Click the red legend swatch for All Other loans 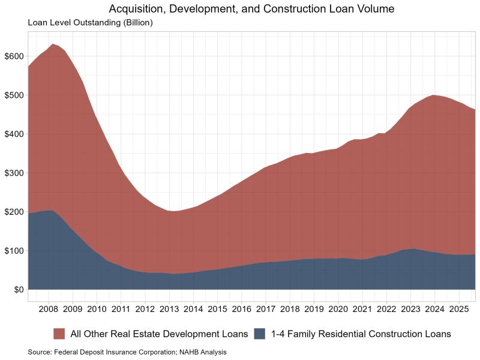pyautogui.click(x=60, y=333)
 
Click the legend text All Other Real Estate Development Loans pyautogui.click(x=160, y=333)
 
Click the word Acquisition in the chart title pyautogui.click(x=135, y=10)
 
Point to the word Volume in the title pyautogui.click(x=355, y=10)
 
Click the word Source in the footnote pyautogui.click(x=39, y=352)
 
